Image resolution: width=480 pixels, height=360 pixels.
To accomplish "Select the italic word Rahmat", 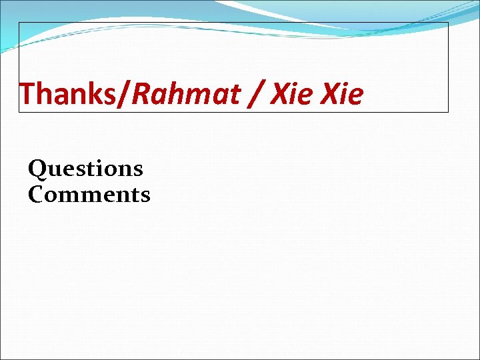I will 186,95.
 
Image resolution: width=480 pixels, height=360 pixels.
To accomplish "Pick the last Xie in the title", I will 342,95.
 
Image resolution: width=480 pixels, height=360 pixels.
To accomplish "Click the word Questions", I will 85,169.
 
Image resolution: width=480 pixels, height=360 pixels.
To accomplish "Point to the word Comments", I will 89,195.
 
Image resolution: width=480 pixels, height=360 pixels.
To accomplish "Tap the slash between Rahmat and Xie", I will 258,95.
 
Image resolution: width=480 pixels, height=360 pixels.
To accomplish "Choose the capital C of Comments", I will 37,195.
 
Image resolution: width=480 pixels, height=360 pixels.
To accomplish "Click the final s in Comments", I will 145,196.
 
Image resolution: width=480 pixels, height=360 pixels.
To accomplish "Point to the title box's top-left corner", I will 19,23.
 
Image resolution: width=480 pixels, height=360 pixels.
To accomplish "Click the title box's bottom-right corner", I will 448,111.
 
